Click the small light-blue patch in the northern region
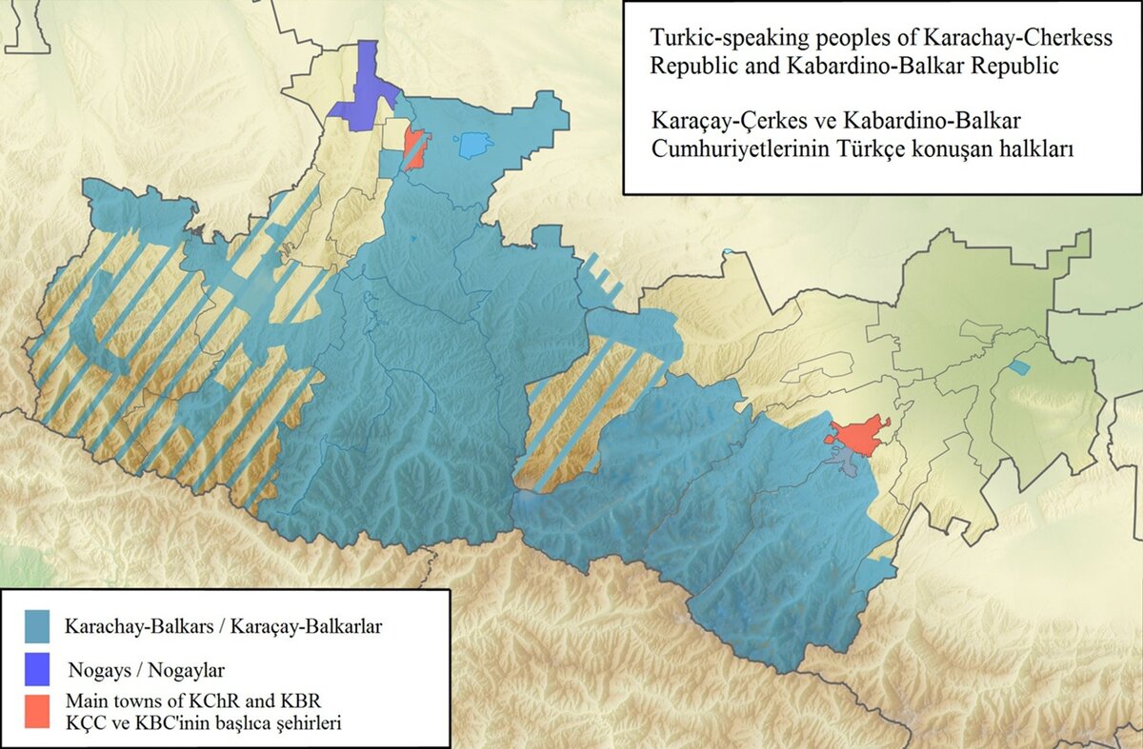[474, 146]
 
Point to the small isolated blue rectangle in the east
[1020, 367]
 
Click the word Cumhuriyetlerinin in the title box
[724, 150]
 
